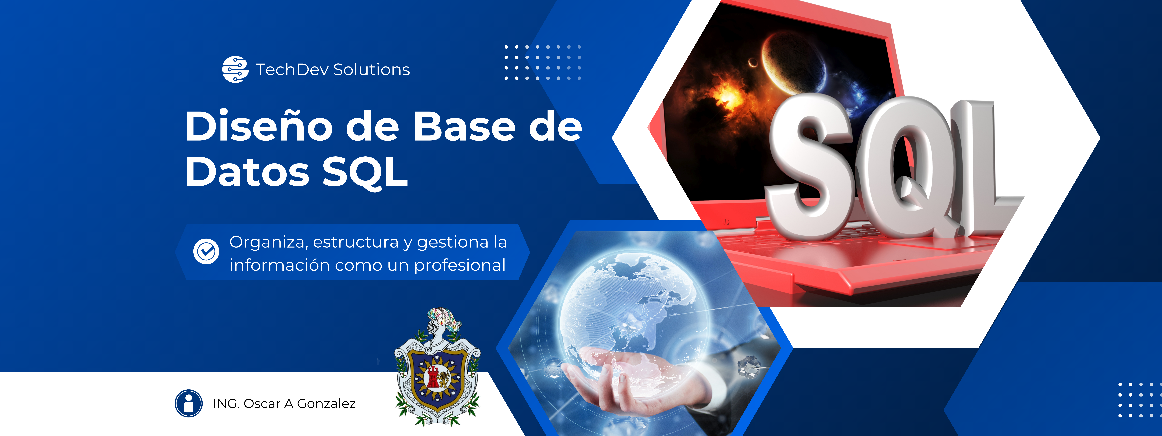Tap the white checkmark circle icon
point(206,251)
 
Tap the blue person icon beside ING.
point(188,403)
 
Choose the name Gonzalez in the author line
point(326,403)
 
